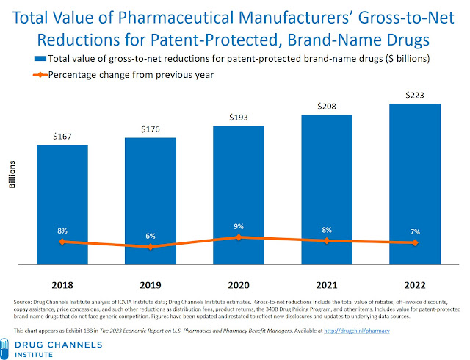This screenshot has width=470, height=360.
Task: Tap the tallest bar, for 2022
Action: click(x=415, y=184)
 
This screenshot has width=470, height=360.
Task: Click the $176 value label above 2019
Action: click(x=151, y=130)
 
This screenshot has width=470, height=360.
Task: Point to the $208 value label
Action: click(x=327, y=107)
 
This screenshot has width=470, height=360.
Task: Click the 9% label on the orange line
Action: click(x=239, y=227)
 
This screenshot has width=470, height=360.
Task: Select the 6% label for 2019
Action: click(x=151, y=237)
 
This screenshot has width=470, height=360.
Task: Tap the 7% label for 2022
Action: click(x=415, y=232)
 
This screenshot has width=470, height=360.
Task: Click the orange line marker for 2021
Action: click(x=327, y=241)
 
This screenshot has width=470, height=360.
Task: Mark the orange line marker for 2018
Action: click(x=62, y=241)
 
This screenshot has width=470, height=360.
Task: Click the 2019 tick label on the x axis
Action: click(x=151, y=284)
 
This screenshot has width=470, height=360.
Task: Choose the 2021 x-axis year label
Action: click(x=327, y=284)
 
